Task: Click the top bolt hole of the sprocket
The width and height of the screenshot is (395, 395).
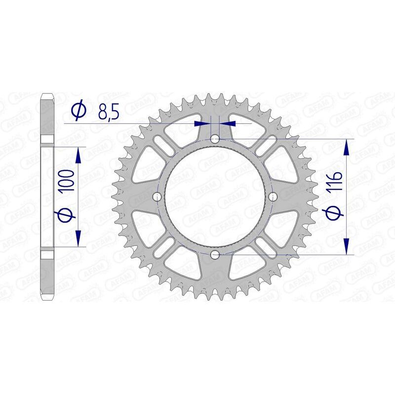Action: point(215,140)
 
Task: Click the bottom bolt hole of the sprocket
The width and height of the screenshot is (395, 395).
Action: point(215,254)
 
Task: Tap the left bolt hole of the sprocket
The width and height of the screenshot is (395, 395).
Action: point(158,197)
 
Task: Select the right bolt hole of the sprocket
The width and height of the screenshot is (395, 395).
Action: point(272,197)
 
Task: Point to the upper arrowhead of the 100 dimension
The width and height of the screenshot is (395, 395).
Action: point(78,155)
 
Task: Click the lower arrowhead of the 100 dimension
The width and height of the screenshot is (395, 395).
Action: point(78,238)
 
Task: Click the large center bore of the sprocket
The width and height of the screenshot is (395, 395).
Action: point(215,197)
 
